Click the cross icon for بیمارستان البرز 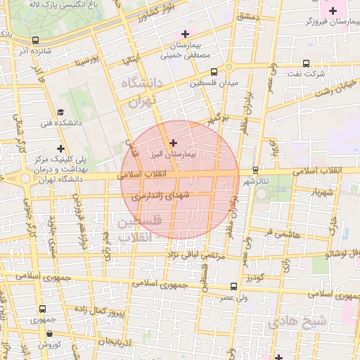pos(174,143)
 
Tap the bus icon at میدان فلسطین pos(214,71)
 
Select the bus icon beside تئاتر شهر pos(255,169)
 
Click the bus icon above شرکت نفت pos(305,63)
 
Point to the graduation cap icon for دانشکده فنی pos(60,112)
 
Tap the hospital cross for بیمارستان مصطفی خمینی pos(185,33)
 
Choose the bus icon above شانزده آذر pos(36,40)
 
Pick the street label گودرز pos(253,278)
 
